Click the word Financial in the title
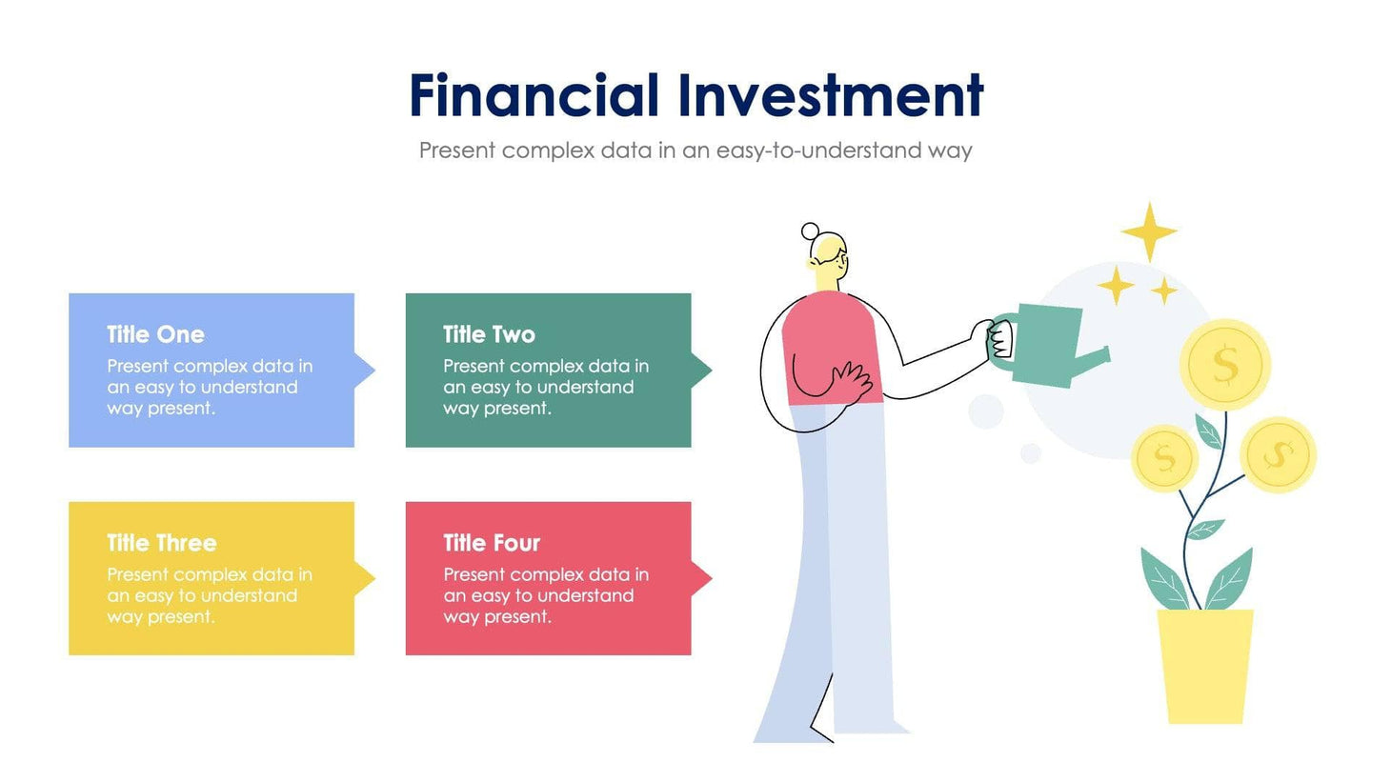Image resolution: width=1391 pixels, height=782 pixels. (534, 96)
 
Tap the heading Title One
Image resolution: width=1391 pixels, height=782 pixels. (155, 334)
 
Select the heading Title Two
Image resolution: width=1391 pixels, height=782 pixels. (489, 334)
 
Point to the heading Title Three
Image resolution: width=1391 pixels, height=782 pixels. (161, 543)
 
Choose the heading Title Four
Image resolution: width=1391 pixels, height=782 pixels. (491, 543)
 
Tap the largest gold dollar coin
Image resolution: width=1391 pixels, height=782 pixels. (1224, 365)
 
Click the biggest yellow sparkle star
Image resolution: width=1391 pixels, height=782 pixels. (1149, 231)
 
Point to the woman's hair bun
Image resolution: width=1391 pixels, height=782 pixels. (810, 231)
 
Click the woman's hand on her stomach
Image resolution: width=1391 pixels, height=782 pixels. (850, 381)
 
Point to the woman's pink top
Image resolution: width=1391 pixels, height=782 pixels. (829, 343)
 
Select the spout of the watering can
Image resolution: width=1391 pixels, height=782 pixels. (1096, 359)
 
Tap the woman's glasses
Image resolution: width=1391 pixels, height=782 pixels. (839, 256)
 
